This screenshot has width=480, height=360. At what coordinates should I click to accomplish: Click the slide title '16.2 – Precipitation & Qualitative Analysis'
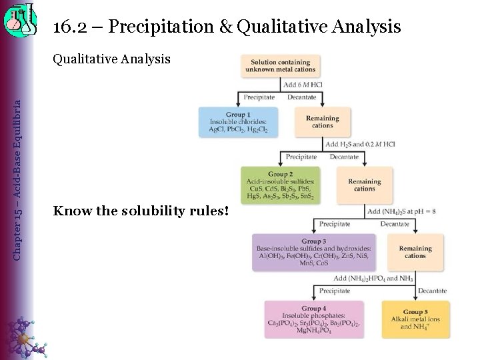[227, 27]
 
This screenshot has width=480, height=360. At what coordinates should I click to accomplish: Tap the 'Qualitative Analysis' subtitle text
[111, 59]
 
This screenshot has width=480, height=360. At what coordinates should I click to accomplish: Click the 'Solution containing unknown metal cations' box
[281, 65]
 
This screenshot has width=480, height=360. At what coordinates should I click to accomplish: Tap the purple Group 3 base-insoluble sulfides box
[313, 252]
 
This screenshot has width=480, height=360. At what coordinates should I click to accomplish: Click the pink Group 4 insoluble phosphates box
[314, 319]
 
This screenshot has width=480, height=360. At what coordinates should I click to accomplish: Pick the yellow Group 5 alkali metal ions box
[415, 319]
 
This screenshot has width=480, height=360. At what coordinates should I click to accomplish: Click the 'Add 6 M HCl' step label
[303, 85]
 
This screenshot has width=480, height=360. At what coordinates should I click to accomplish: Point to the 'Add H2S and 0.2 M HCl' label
[360, 144]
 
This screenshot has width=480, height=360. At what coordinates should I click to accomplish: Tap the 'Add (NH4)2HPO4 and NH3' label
[373, 278]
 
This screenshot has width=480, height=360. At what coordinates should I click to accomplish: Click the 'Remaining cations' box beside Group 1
[323, 122]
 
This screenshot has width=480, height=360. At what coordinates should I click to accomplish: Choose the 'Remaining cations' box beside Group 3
[415, 252]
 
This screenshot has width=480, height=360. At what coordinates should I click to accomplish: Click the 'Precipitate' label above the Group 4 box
[335, 291]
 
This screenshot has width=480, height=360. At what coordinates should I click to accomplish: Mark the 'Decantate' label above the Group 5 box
[432, 291]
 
